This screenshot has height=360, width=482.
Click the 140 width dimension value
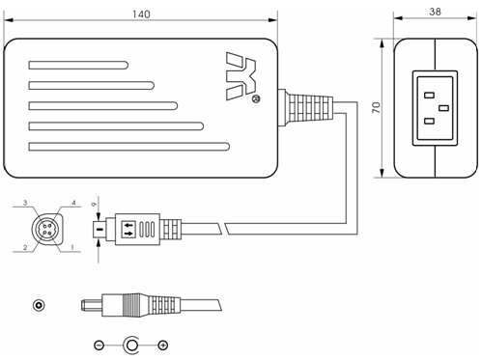tap(141, 14)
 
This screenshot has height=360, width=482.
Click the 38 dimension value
tap(435, 12)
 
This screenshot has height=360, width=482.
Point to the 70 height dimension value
tap(376, 107)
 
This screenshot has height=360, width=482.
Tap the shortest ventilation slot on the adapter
tap(78, 65)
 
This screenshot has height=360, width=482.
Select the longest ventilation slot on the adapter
tap(129, 147)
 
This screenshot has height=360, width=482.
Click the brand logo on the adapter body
tap(241, 76)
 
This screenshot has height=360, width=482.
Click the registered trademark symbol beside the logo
tap(255, 99)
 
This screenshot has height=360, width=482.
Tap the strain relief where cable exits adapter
tap(305, 107)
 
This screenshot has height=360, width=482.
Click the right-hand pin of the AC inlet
tap(443, 108)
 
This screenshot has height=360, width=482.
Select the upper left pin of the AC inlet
tap(429, 96)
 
